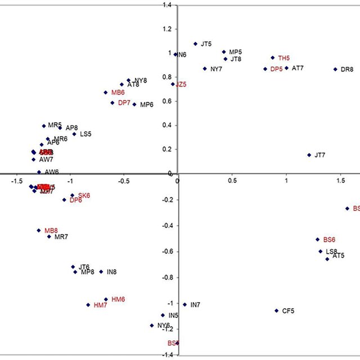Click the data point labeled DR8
pyautogui.click(x=335, y=69)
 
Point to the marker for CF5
pyautogui.click(x=277, y=310)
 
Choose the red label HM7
pyautogui.click(x=100, y=305)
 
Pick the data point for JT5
pyautogui.click(x=196, y=44)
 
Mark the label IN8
pyautogui.click(x=111, y=272)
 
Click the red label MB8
pyautogui.click(x=51, y=231)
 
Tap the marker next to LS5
pyautogui.click(x=74, y=134)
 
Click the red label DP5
pyautogui.click(x=276, y=69)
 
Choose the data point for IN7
pyautogui.click(x=185, y=304)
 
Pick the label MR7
pyautogui.click(x=61, y=237)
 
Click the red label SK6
pyautogui.click(x=84, y=195)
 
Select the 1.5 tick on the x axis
pyautogui.click(x=340, y=181)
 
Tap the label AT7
pyautogui.click(x=298, y=68)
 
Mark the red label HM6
pyautogui.click(x=118, y=299)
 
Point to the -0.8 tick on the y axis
pyautogui.click(x=168, y=277)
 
